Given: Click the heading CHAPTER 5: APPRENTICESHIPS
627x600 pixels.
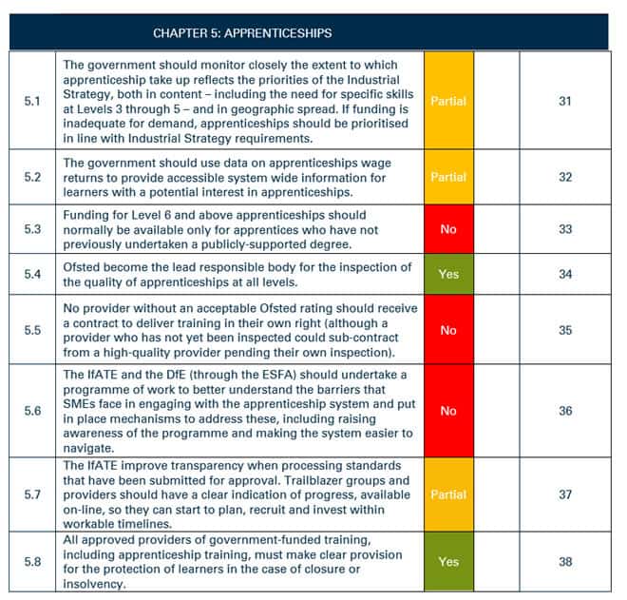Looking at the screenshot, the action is point(242,33).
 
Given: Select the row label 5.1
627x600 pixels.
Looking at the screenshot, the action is point(32,101).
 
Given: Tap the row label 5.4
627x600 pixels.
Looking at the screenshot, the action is point(32,274).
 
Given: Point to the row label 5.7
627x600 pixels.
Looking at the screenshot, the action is point(32,494).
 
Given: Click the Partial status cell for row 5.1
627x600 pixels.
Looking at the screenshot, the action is point(448,101).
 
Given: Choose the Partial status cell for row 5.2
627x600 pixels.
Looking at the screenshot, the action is point(448,177).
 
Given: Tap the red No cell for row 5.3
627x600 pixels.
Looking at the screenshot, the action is point(448,229).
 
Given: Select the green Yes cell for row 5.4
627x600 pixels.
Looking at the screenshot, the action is point(448,274).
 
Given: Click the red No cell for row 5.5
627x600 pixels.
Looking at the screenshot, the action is point(448,330).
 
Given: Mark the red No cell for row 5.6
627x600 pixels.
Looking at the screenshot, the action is point(448,411).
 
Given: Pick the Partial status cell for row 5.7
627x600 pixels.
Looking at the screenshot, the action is point(448,494).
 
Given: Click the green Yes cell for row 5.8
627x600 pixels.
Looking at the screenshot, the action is point(448,562).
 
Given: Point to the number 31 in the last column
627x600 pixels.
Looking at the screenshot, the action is point(565,101).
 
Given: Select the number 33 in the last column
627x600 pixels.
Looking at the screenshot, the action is point(565,229).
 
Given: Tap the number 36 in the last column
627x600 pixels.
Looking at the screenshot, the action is point(565,411).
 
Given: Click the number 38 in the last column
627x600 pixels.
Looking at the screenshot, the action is point(565,562).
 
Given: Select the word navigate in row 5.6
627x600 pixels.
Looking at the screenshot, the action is point(88,448).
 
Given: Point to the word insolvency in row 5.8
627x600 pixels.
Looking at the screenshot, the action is point(94,584).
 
